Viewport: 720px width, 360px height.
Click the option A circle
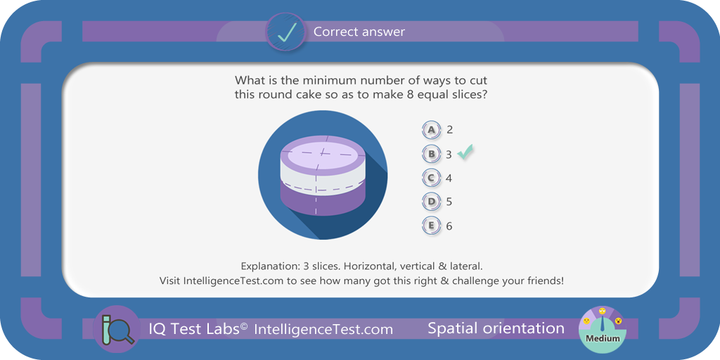pos(431,130)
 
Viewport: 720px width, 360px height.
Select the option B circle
pos(431,154)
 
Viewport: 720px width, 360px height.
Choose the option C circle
pos(431,178)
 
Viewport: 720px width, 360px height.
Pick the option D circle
pos(431,202)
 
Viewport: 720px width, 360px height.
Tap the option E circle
pos(431,226)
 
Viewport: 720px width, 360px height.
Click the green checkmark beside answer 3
pos(465,153)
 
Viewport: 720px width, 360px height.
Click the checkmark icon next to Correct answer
pos(285,32)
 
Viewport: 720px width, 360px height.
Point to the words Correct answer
pos(359,32)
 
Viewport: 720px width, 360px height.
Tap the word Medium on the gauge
pos(602,338)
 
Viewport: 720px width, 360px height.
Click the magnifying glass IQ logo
pos(117,329)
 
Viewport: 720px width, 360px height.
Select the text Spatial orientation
pos(496,328)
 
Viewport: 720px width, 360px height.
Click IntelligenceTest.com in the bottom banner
pos(323,329)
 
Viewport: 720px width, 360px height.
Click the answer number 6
pos(449,226)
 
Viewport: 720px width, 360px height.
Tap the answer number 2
pos(449,130)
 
